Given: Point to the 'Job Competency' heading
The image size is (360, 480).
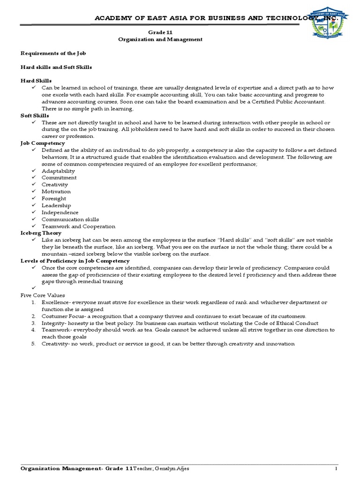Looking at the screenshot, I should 43,143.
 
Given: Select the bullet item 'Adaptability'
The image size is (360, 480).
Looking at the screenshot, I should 58,171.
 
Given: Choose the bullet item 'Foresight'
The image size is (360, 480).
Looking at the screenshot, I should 54,198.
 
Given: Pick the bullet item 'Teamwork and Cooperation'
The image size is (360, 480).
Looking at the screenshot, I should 78,226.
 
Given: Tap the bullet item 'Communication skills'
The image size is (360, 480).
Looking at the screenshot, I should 70,219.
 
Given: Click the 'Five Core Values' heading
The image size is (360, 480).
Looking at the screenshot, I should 43,295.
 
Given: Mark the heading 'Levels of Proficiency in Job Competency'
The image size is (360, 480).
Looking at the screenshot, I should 75,261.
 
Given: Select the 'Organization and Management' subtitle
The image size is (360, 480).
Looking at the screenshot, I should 160,39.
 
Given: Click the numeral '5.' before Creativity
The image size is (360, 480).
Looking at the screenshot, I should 34,344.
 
